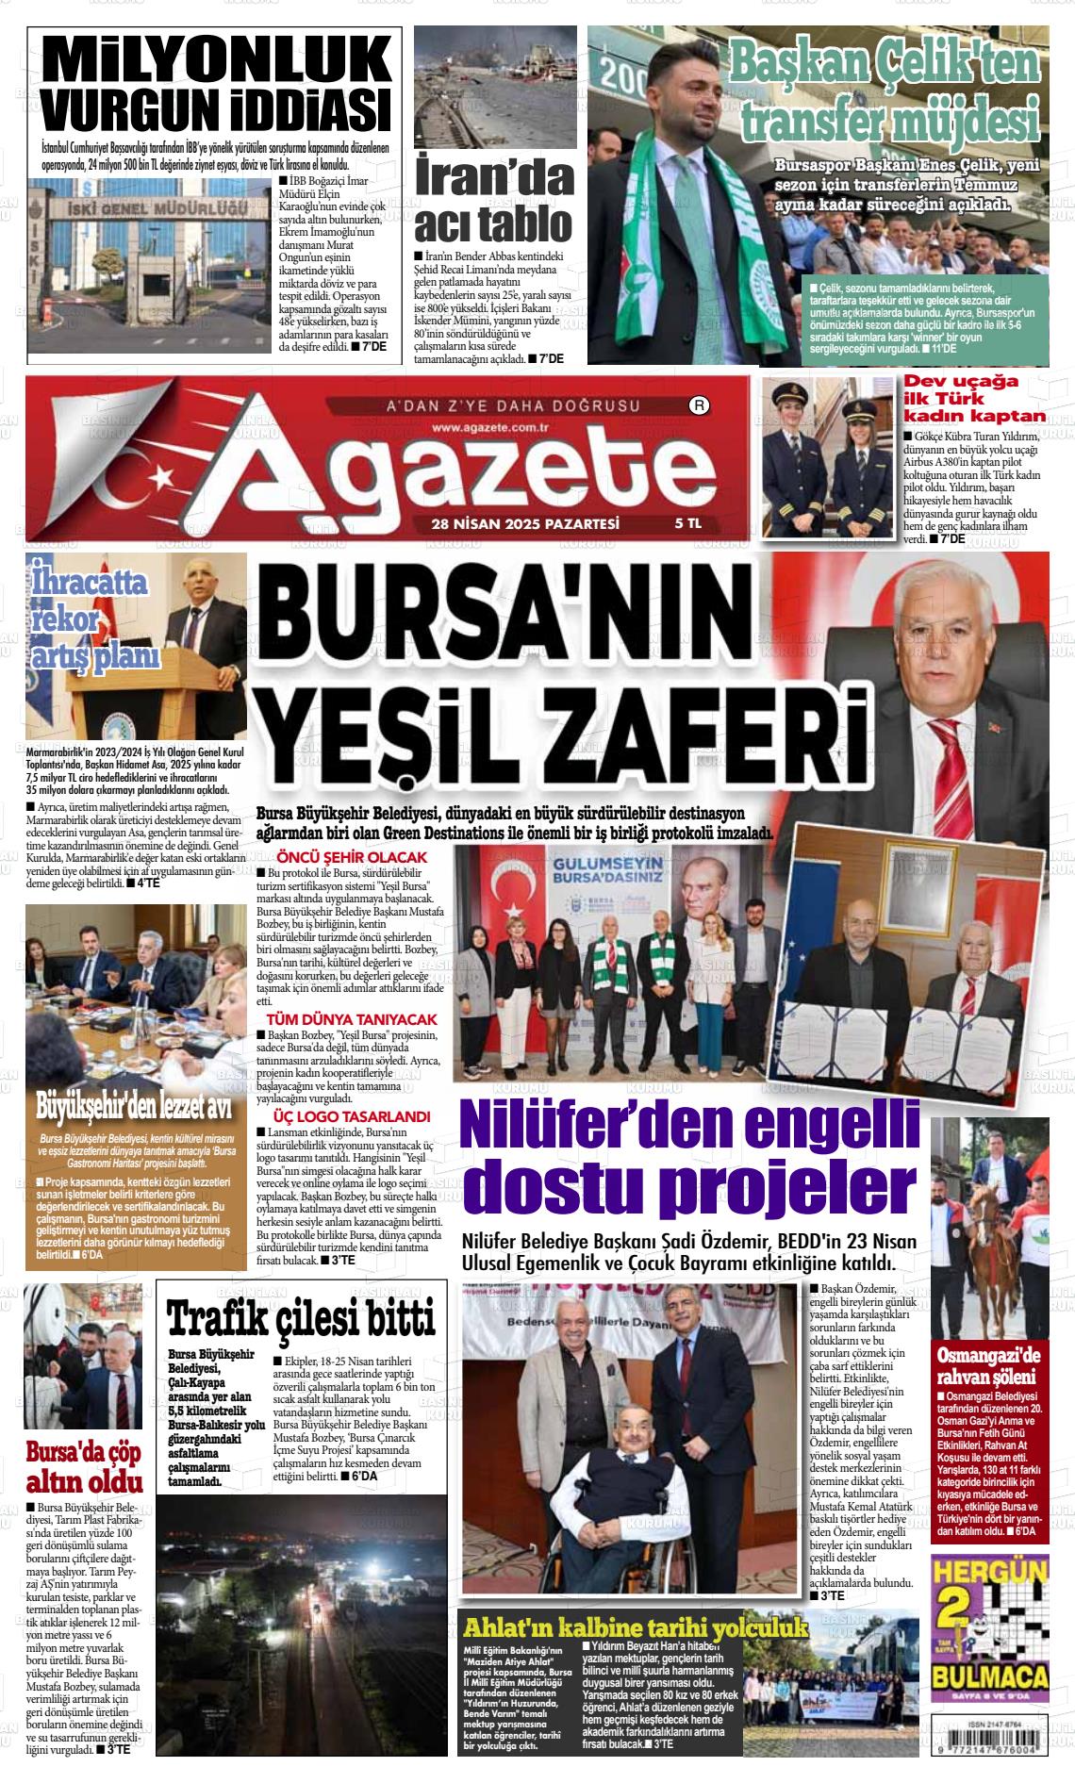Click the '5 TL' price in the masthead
click(687, 524)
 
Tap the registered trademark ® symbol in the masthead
click(700, 406)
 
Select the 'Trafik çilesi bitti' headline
click(301, 1319)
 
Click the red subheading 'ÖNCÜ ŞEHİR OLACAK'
click(351, 858)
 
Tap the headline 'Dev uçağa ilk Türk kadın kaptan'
click(974, 398)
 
